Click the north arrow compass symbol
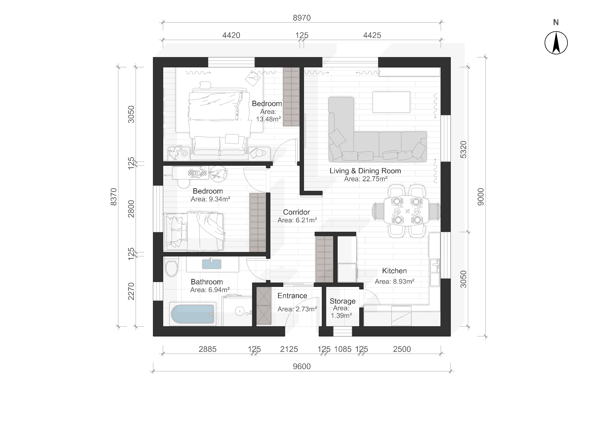pyautogui.click(x=556, y=43)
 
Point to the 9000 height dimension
pyautogui.click(x=481, y=197)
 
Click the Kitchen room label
pyautogui.click(x=394, y=271)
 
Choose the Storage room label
pyautogui.click(x=342, y=301)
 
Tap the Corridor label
pyautogui.click(x=297, y=212)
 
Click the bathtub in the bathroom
pyautogui.click(x=193, y=314)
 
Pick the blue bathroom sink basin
pyautogui.click(x=212, y=264)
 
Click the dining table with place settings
pyautogui.click(x=406, y=211)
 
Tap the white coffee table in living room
pyautogui.click(x=391, y=102)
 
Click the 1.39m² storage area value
pyautogui.click(x=341, y=316)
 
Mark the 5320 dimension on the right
pyautogui.click(x=463, y=149)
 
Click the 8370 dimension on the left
pyautogui.click(x=113, y=197)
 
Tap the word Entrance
pyautogui.click(x=292, y=296)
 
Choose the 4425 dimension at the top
pyautogui.click(x=372, y=35)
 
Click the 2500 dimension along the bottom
pyautogui.click(x=402, y=349)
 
